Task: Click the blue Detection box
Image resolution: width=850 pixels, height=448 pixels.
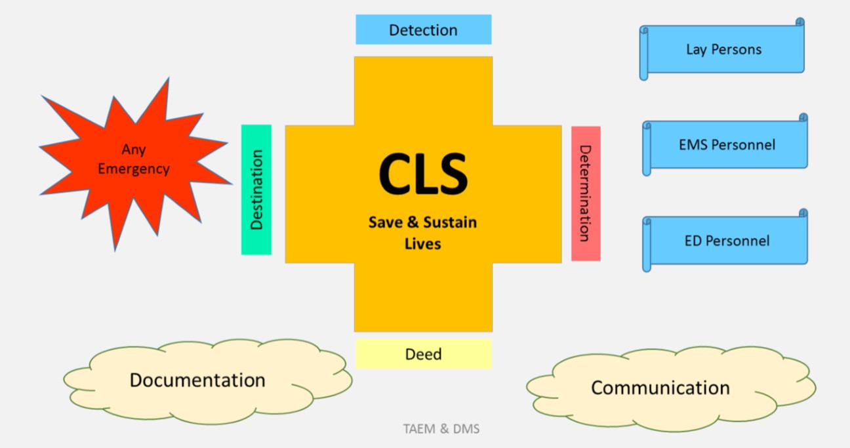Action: click(x=423, y=30)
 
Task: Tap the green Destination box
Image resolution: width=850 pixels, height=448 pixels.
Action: click(x=256, y=190)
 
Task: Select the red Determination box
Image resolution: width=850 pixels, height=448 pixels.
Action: click(x=585, y=193)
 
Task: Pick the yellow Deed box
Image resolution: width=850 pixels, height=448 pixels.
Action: click(x=423, y=354)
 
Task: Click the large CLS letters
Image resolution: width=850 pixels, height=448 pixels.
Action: click(x=423, y=174)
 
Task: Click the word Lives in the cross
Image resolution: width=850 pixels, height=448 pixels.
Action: click(x=423, y=244)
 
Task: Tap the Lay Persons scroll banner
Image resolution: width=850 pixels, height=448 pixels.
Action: click(x=723, y=49)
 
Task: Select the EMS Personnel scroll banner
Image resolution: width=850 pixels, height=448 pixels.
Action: click(x=726, y=144)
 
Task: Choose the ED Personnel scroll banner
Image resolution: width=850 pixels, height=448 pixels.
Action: click(x=726, y=240)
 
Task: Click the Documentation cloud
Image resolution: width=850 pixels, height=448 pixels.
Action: click(x=197, y=380)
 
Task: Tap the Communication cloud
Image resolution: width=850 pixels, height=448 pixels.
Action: click(x=660, y=388)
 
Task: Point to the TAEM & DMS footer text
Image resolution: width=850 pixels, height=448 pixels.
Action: click(x=441, y=430)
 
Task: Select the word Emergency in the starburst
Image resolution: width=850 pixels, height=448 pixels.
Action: click(x=134, y=169)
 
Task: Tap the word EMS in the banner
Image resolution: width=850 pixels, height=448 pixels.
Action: click(x=693, y=144)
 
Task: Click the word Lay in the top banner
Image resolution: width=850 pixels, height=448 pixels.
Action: click(x=697, y=49)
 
